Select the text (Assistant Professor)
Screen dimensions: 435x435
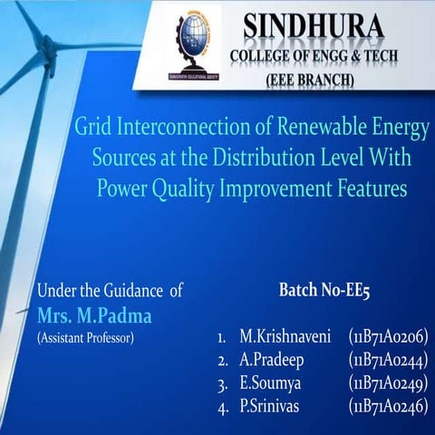(x=85, y=338)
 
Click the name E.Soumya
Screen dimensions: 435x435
(x=270, y=383)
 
